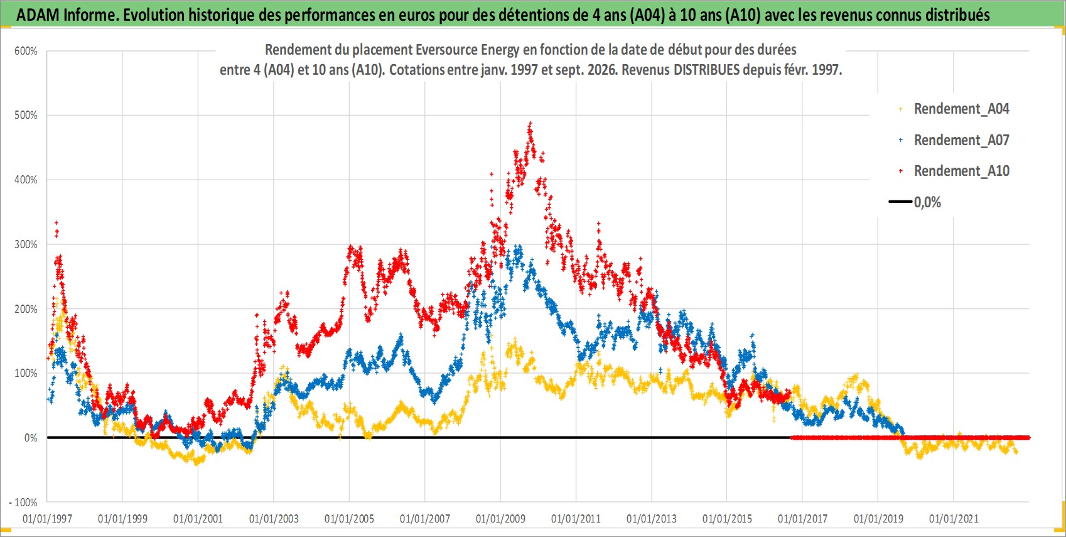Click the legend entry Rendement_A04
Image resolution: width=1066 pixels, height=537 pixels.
click(961, 109)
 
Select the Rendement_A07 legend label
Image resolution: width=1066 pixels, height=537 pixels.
click(961, 140)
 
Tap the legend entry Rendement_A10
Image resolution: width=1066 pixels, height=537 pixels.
click(961, 171)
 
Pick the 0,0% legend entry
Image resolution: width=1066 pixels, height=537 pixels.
click(927, 202)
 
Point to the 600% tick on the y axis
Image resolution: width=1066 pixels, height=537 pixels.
click(26, 52)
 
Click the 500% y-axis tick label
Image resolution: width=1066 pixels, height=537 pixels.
click(26, 115)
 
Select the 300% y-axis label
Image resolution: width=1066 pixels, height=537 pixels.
click(26, 244)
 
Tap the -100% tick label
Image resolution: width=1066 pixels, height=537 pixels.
click(23, 502)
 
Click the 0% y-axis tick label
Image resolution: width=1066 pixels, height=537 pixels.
click(31, 438)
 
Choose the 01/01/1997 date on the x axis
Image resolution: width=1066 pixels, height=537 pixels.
click(47, 519)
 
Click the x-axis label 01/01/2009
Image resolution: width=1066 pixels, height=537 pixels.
click(500, 519)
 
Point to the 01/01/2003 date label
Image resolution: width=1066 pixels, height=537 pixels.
click(274, 519)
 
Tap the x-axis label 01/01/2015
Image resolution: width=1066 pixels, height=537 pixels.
click(727, 519)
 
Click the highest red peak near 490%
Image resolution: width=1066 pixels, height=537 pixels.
click(530, 124)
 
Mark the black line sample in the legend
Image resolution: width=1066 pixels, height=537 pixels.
click(900, 202)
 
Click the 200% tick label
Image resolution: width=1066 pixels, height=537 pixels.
click(26, 309)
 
